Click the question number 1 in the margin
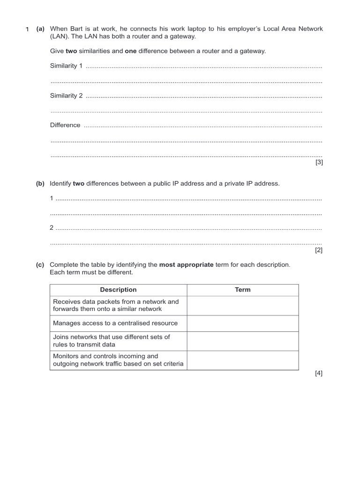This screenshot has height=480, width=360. (x=27, y=30)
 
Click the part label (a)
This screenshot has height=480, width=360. (x=40, y=29)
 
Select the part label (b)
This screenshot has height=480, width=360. (x=40, y=184)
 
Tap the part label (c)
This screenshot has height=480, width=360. (x=40, y=265)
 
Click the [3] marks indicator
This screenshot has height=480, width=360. (x=319, y=163)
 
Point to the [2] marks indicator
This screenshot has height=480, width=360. (x=319, y=250)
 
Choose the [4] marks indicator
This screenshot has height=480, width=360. (x=319, y=374)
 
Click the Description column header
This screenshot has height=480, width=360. (x=118, y=290)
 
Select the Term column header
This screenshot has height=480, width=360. (x=242, y=290)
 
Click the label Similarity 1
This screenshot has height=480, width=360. (x=66, y=66)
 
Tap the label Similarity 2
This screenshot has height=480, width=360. (x=66, y=96)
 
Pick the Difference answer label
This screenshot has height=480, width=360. (x=65, y=126)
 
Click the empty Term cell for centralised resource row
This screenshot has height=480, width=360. (x=242, y=323)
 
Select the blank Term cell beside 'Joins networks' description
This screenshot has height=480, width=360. (x=242, y=341)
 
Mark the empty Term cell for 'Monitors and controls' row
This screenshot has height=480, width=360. (x=242, y=360)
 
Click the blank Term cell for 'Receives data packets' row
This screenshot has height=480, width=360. (x=242, y=306)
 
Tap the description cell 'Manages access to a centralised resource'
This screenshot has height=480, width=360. (x=115, y=323)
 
